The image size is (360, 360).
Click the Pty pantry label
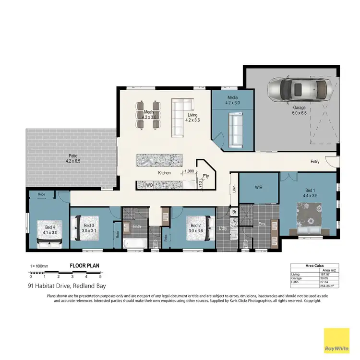[x=205, y=176]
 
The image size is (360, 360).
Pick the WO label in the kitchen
[x=149, y=185]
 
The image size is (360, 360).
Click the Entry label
[x=315, y=162]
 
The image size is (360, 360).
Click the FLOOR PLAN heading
[x=84, y=265]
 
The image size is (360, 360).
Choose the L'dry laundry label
[x=223, y=228]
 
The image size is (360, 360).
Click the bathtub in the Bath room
[x=133, y=243]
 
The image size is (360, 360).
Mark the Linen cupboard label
[x=234, y=190]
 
